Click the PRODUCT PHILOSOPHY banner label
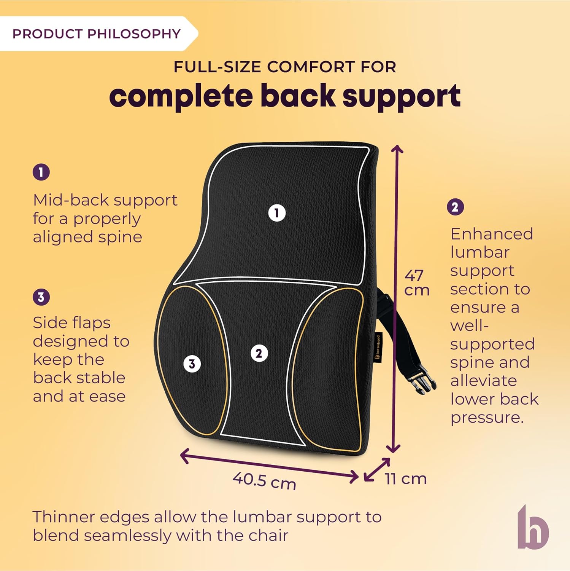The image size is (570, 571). point(96,34)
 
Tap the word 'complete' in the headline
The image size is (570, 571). point(181,96)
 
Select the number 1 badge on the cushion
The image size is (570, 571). point(277,213)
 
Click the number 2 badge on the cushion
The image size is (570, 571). point(259,353)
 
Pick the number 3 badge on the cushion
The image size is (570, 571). point(192,364)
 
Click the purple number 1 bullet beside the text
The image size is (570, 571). point(41,172)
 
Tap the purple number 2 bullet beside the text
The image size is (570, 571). point(455,207)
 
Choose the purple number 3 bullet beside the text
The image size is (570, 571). point(41,297)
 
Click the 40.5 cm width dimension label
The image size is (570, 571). point(264,481)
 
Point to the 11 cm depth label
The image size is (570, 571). point(405,479)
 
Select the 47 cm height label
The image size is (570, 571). point(416,282)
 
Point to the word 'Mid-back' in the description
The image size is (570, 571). point(68,200)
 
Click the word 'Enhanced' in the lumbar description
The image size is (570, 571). point(491,234)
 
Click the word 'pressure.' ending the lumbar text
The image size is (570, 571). point(487,418)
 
